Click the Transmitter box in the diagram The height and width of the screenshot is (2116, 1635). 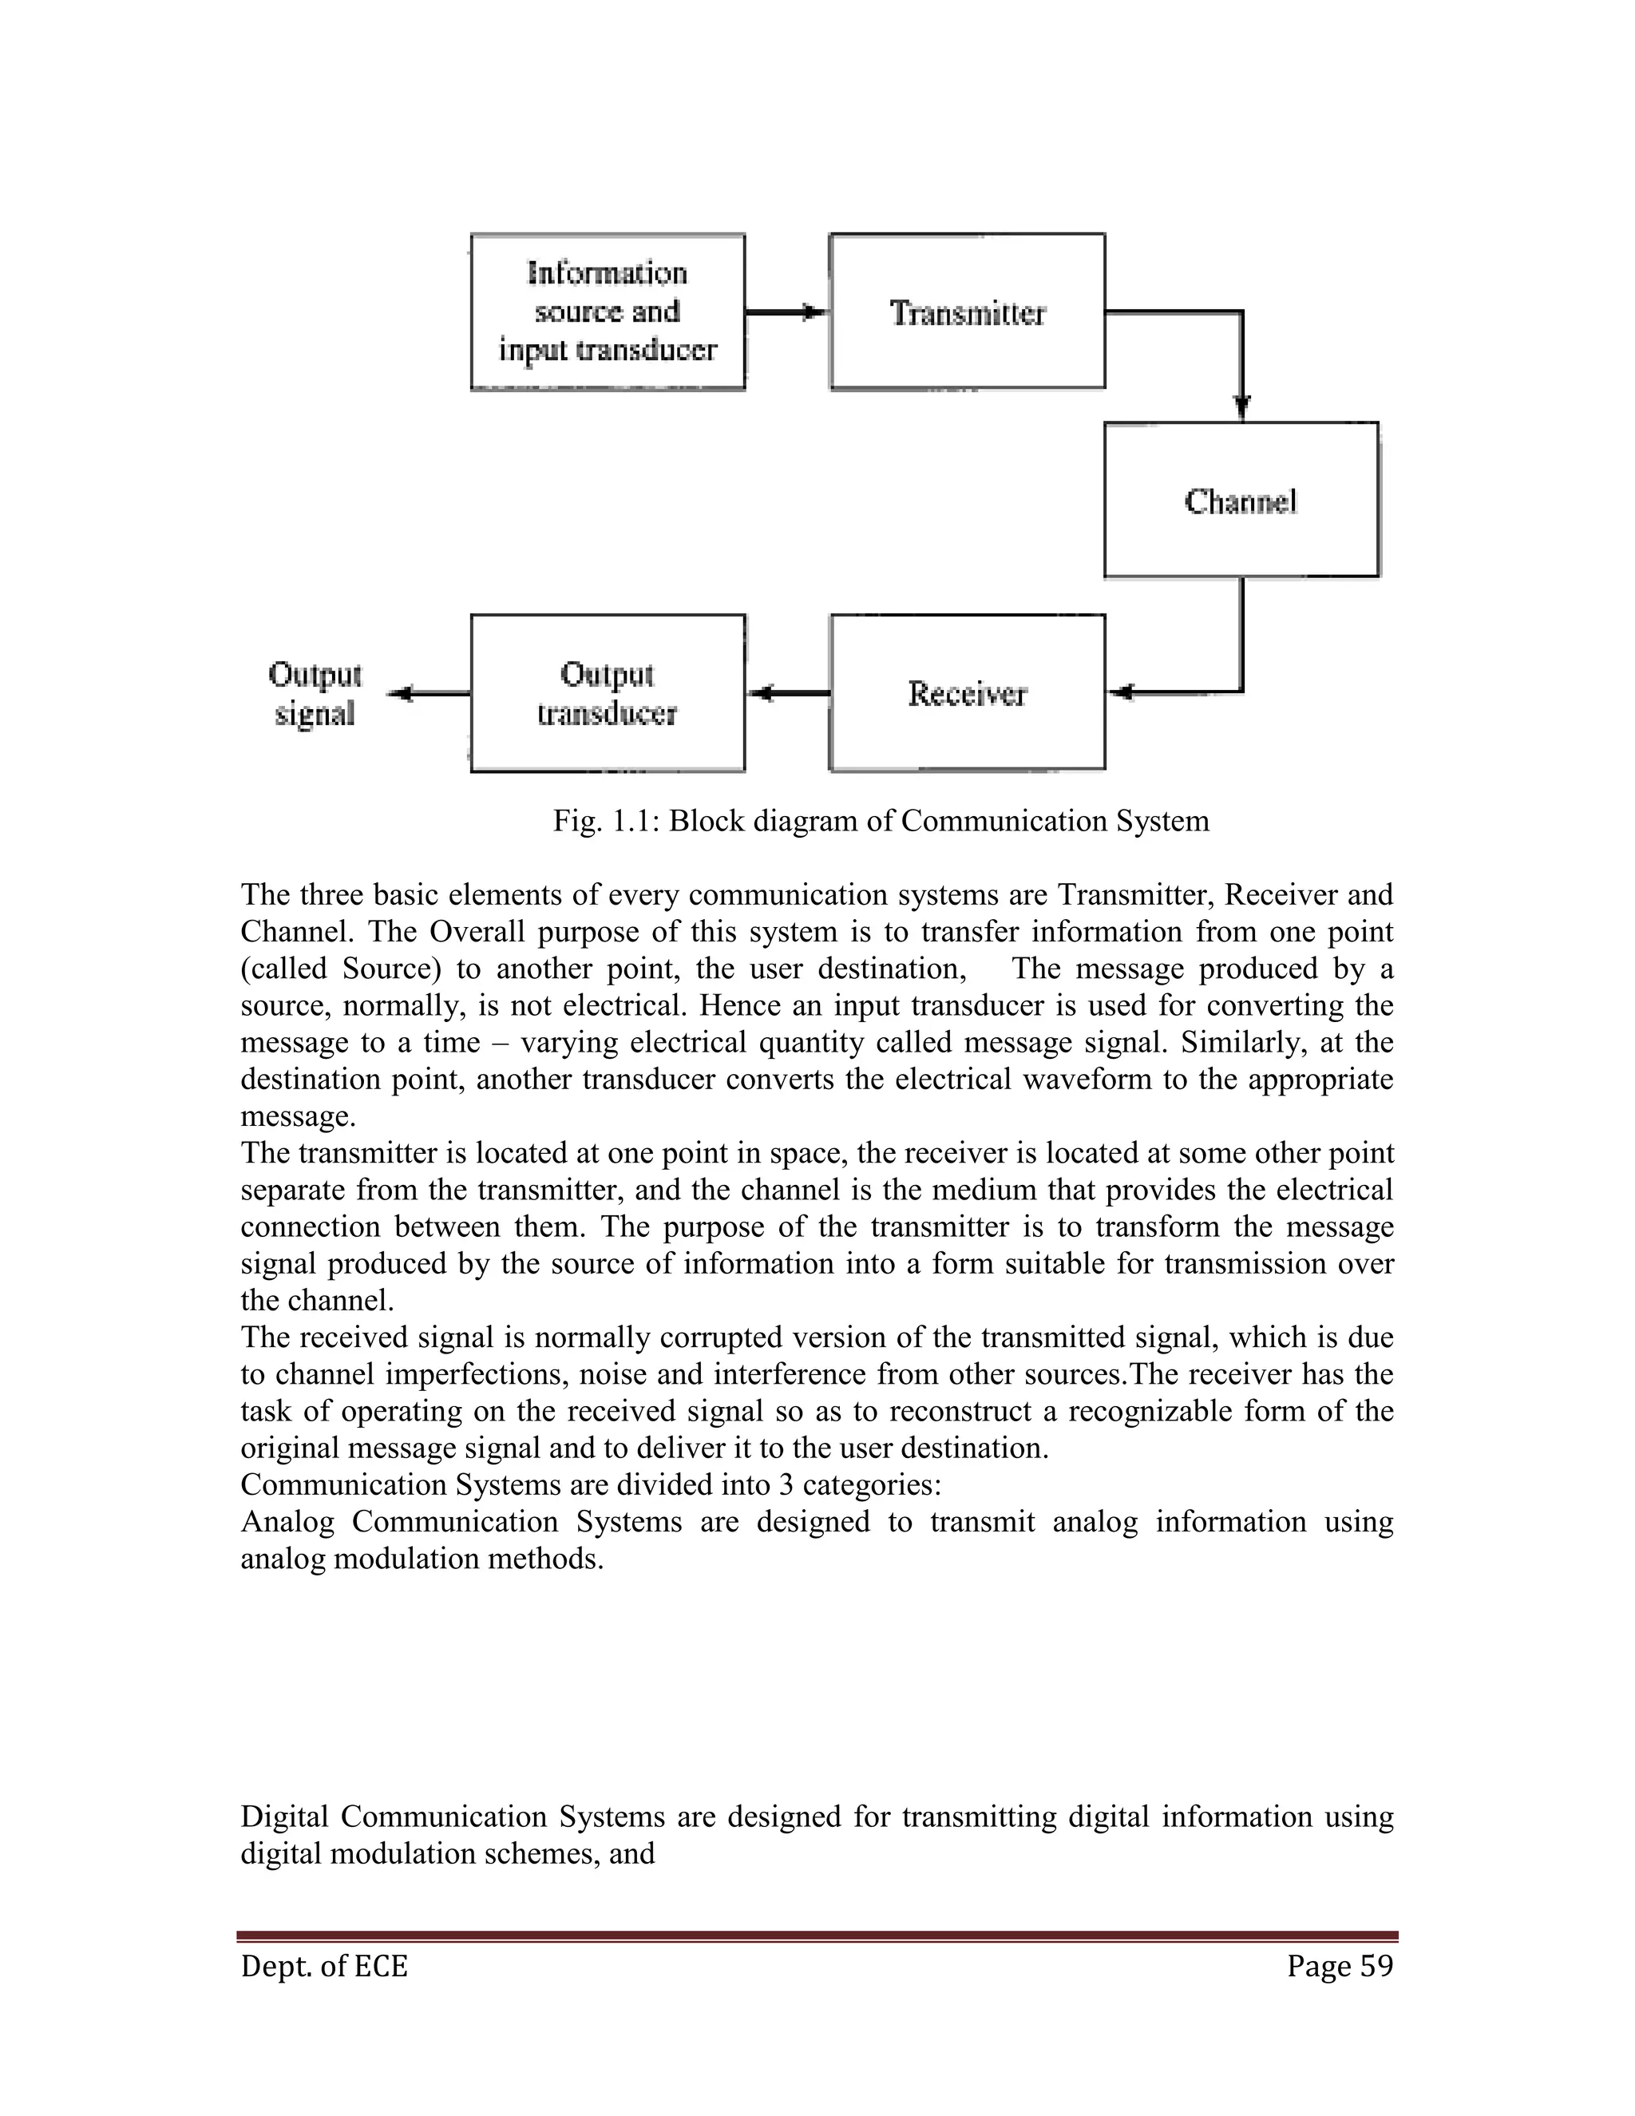click(x=967, y=312)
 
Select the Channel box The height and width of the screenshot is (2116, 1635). click(x=1241, y=500)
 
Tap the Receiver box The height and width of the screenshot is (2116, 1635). click(x=967, y=693)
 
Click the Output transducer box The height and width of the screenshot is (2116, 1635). click(x=608, y=693)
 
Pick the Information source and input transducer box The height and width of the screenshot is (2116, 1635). click(x=608, y=312)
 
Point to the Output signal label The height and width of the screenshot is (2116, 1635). click(x=314, y=694)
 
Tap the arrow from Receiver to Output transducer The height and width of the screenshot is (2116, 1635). click(x=786, y=693)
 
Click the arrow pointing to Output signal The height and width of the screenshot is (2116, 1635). click(x=426, y=693)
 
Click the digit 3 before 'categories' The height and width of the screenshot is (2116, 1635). click(x=786, y=1485)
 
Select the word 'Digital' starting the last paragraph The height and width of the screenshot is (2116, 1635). click(x=283, y=1817)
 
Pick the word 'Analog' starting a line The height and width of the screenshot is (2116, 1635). click(x=287, y=1522)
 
